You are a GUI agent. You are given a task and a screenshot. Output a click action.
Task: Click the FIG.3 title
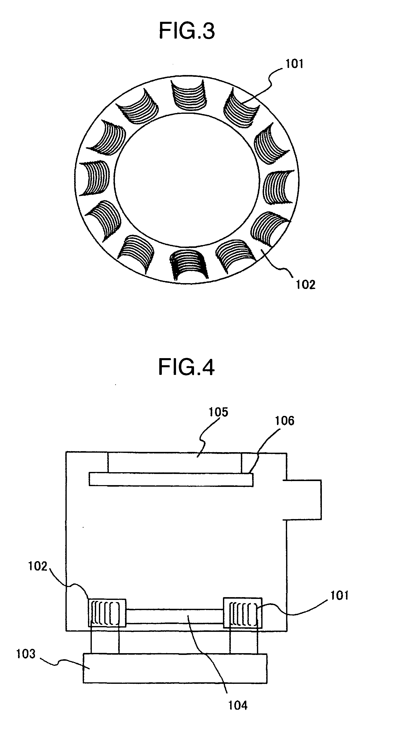pyautogui.click(x=187, y=31)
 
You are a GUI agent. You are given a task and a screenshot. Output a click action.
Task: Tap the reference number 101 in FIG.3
pyautogui.click(x=294, y=64)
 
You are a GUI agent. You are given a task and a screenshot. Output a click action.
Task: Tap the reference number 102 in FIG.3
pyautogui.click(x=306, y=285)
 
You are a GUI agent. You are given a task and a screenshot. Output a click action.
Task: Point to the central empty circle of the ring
pyautogui.click(x=187, y=179)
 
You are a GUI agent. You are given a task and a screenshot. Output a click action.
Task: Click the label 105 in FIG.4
pyautogui.click(x=218, y=412)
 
